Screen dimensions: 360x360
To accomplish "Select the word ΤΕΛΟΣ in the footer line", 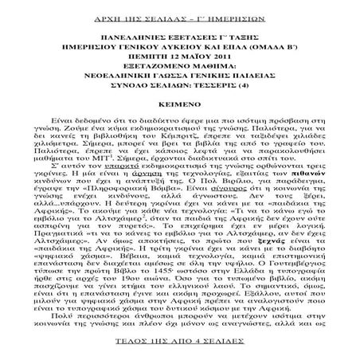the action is pos(124,349).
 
